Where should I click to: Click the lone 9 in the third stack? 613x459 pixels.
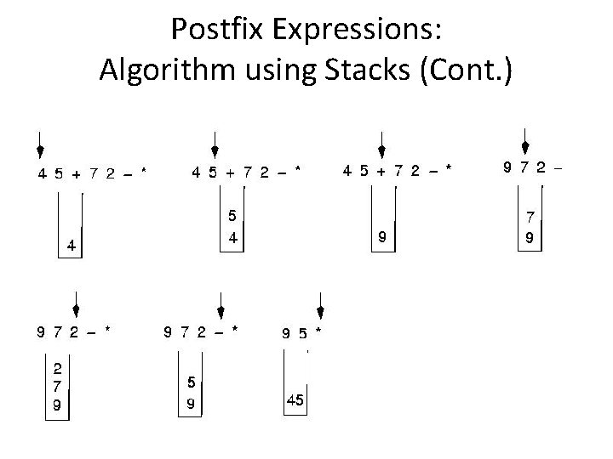382,239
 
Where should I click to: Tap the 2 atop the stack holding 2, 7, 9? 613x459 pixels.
56,370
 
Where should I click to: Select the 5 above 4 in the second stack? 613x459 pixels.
231,216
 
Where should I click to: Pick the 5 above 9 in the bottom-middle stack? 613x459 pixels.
192,382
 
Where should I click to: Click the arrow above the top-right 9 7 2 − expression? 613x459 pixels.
527,139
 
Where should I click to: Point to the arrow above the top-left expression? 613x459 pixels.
39,146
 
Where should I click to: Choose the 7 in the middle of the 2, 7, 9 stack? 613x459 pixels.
56,387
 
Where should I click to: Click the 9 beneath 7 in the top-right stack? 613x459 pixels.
530,239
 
